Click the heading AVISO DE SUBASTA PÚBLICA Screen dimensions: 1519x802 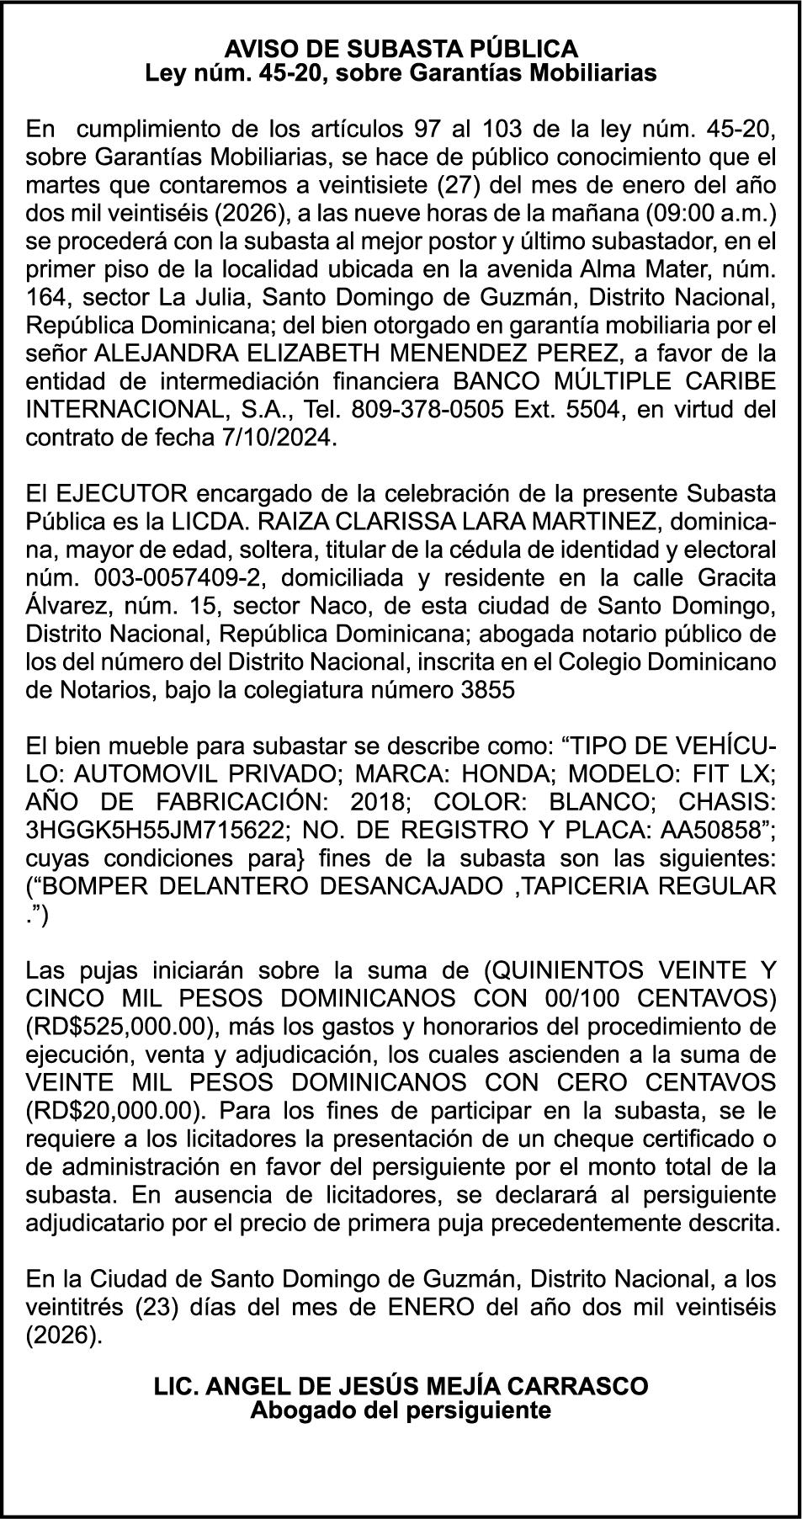(401, 48)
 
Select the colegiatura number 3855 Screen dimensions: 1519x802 (488, 690)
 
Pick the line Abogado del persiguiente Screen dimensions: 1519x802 (401, 1410)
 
